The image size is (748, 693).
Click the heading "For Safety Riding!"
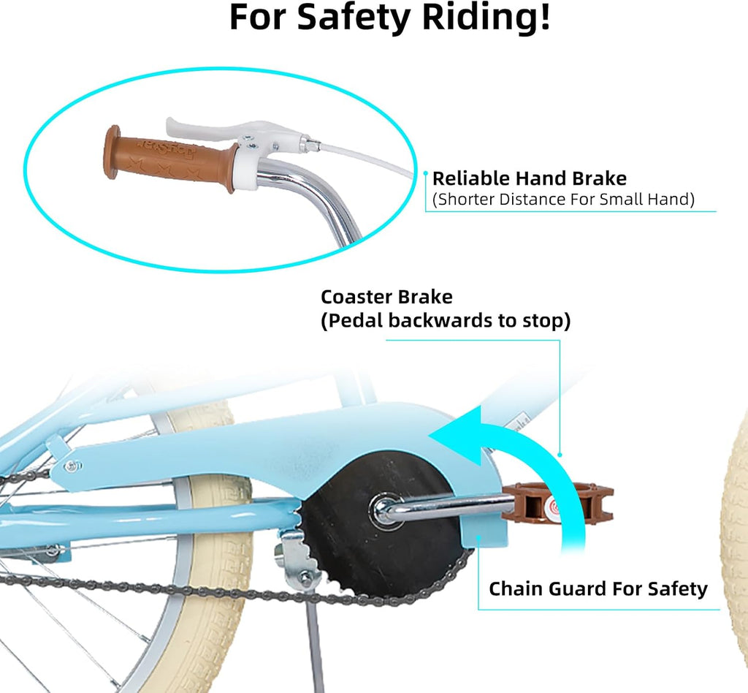[390, 17]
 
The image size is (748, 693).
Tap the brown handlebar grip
[169, 159]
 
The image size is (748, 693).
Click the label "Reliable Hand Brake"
[529, 178]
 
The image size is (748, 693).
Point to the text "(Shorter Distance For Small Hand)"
[563, 199]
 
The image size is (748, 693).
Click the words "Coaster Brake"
[386, 297]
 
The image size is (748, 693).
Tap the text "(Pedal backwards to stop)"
[446, 321]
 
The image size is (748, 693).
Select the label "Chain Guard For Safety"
[598, 588]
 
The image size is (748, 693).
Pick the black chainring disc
[381, 525]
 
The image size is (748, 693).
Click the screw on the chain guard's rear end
[72, 466]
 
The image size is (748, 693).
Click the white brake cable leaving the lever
[362, 156]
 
